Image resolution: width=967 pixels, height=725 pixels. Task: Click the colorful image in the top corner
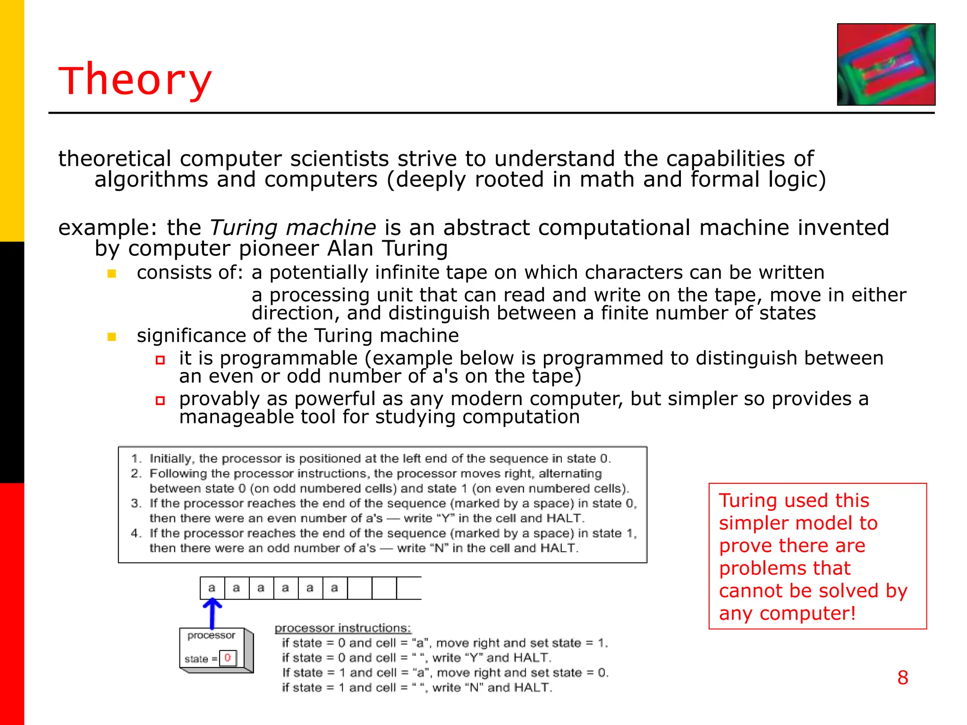point(886,64)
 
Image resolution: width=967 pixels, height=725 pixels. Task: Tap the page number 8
point(902,678)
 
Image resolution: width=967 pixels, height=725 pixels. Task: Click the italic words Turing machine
point(293,228)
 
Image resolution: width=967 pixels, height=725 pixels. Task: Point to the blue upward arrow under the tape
point(212,613)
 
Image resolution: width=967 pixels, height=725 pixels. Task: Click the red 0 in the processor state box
point(228,658)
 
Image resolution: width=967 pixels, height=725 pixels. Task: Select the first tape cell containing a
point(212,588)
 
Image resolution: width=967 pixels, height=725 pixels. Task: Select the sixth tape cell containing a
point(335,588)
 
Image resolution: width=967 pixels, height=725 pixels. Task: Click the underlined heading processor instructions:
point(343,628)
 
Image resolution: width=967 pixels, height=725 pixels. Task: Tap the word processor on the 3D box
point(211,635)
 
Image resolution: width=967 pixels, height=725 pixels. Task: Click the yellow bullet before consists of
point(112,274)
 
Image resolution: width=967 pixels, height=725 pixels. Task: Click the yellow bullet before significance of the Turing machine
point(112,337)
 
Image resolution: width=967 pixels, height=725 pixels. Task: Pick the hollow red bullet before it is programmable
point(160,360)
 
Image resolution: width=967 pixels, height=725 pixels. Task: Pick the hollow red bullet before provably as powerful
point(160,401)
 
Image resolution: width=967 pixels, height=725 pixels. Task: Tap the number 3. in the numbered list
point(136,503)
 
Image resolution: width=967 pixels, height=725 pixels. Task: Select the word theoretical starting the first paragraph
point(114,159)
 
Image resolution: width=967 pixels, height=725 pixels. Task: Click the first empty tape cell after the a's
point(360,588)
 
